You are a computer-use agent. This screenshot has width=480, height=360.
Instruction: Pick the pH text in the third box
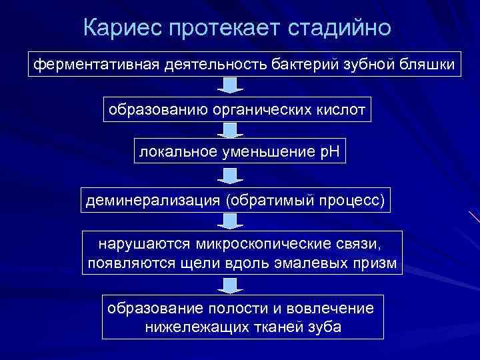point(328,152)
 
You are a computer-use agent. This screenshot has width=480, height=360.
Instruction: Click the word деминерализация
point(151,200)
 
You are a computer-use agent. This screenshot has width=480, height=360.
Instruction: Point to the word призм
point(377,263)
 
